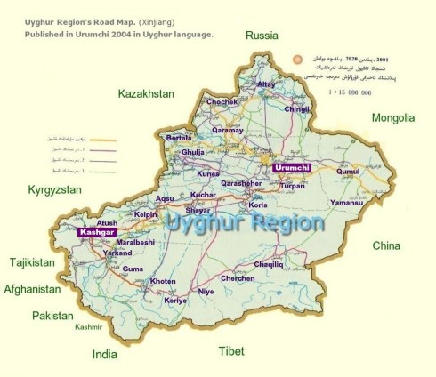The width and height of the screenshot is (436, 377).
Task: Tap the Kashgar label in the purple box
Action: click(97, 232)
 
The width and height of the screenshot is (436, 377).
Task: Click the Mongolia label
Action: click(392, 117)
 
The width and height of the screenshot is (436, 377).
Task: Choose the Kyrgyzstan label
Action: click(54, 190)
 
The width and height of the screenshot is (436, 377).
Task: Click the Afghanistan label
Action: click(33, 289)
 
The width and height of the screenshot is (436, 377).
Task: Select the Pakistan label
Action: click(52, 315)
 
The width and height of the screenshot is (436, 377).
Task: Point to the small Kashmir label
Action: click(89, 327)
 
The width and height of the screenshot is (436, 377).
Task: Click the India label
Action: click(105, 354)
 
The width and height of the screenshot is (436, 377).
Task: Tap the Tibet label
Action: click(232, 351)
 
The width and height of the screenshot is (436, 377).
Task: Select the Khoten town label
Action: click(164, 281)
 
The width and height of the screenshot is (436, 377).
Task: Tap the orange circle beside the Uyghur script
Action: click(295, 61)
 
